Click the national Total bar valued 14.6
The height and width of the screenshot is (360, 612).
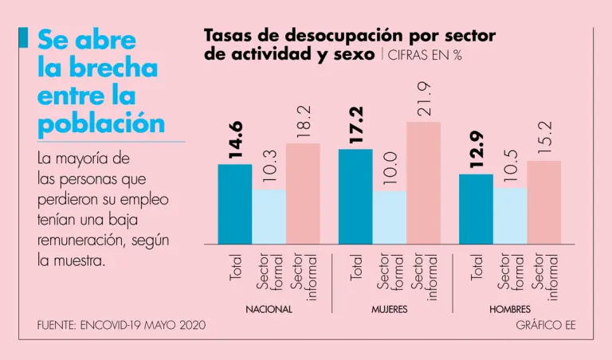click(x=234, y=204)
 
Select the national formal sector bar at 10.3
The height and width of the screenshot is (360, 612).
click(x=269, y=217)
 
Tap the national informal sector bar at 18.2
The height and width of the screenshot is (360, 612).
click(x=303, y=194)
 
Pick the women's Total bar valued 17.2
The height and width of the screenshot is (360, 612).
click(x=355, y=196)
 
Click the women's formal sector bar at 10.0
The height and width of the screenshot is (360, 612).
click(x=389, y=217)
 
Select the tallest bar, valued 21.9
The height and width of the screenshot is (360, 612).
click(x=423, y=182)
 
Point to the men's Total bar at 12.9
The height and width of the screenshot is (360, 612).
click(x=476, y=209)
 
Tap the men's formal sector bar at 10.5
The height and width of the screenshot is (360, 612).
click(x=510, y=216)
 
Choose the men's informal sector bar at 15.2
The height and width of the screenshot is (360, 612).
click(x=544, y=202)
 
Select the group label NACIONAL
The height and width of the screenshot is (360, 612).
click(x=269, y=309)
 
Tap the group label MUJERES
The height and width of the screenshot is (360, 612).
click(x=389, y=309)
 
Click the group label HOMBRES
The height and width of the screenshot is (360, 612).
click(x=510, y=309)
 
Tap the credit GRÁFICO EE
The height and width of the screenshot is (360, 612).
click(x=546, y=325)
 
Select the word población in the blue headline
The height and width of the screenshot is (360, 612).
click(x=101, y=124)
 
